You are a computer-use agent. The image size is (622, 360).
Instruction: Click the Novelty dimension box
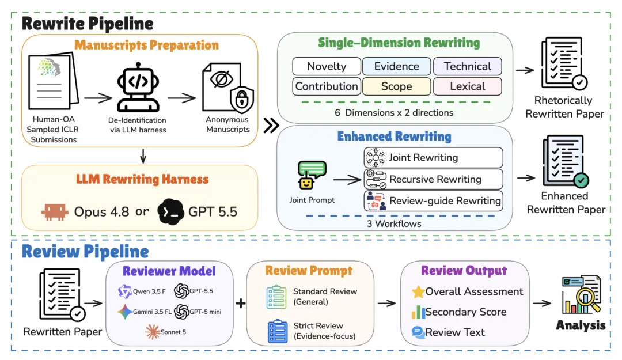(327, 66)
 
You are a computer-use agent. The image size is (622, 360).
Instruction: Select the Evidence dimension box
(396, 66)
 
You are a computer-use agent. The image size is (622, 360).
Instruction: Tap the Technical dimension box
(467, 66)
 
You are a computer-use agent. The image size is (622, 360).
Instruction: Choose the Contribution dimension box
(327, 86)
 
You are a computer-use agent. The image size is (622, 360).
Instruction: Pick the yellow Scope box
(396, 86)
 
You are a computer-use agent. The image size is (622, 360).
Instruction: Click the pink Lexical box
(467, 86)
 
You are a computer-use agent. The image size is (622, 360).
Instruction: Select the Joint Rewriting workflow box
(433, 158)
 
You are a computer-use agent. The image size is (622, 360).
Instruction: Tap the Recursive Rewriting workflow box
(433, 179)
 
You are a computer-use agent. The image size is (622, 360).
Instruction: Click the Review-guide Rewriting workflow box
(433, 200)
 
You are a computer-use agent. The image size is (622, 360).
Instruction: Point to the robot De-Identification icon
(138, 88)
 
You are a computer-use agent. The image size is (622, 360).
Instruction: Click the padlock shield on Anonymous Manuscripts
(242, 99)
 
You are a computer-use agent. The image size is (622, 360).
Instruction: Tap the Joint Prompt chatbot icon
(312, 175)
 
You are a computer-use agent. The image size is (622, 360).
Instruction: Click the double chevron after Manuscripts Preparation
(271, 126)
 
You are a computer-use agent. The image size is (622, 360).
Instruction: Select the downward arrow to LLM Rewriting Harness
(143, 156)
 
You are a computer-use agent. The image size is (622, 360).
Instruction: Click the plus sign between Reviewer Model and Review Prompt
(240, 303)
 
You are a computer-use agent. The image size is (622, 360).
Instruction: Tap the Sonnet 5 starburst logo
(152, 332)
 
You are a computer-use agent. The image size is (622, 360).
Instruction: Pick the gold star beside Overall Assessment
(418, 291)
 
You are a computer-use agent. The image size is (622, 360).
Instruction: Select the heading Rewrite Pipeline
(88, 24)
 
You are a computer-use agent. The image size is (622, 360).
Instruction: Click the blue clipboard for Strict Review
(277, 331)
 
